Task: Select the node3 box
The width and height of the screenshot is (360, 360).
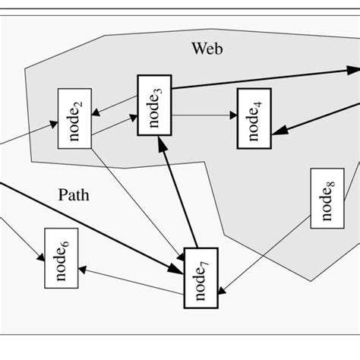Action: pyautogui.click(x=154, y=106)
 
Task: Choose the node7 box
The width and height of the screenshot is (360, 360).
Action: pyautogui.click(x=201, y=277)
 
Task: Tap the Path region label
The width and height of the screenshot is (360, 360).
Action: pyautogui.click(x=74, y=195)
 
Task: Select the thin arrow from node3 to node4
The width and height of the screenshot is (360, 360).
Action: pyautogui.click(x=204, y=116)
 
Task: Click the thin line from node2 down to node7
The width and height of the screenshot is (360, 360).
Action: pyautogui.click(x=137, y=197)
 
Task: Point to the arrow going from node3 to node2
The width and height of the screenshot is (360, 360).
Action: pyautogui.click(x=114, y=106)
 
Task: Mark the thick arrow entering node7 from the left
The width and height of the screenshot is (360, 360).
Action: pyautogui.click(x=91, y=228)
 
